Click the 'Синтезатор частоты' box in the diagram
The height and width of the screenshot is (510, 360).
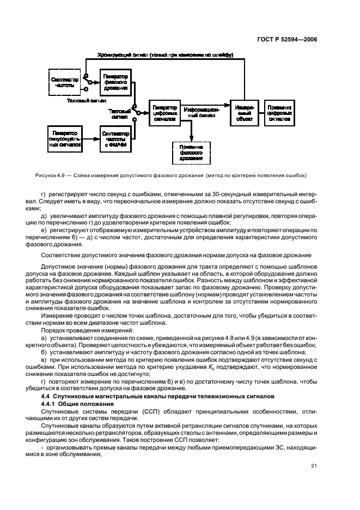click(65, 83)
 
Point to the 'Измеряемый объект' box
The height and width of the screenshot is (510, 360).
click(244, 113)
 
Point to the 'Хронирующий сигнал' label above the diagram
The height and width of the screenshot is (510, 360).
click(120, 55)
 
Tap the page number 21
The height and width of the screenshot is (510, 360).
click(313, 465)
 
